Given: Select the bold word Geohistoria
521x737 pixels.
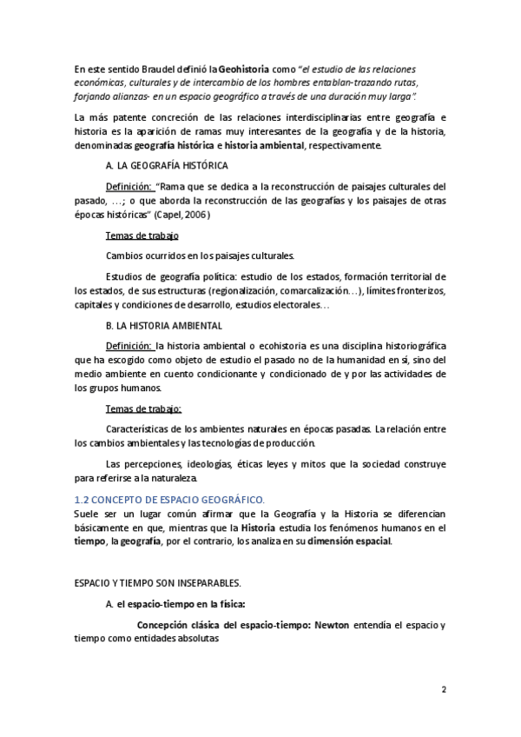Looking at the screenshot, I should coord(247,69).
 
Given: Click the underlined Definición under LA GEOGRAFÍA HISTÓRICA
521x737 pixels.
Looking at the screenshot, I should coord(129,186).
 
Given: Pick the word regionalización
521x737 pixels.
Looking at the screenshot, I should coord(229,291).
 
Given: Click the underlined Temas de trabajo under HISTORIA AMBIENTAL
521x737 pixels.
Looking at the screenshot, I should coord(143,408).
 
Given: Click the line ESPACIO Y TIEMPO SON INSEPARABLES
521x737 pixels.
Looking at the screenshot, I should coord(156,582).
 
